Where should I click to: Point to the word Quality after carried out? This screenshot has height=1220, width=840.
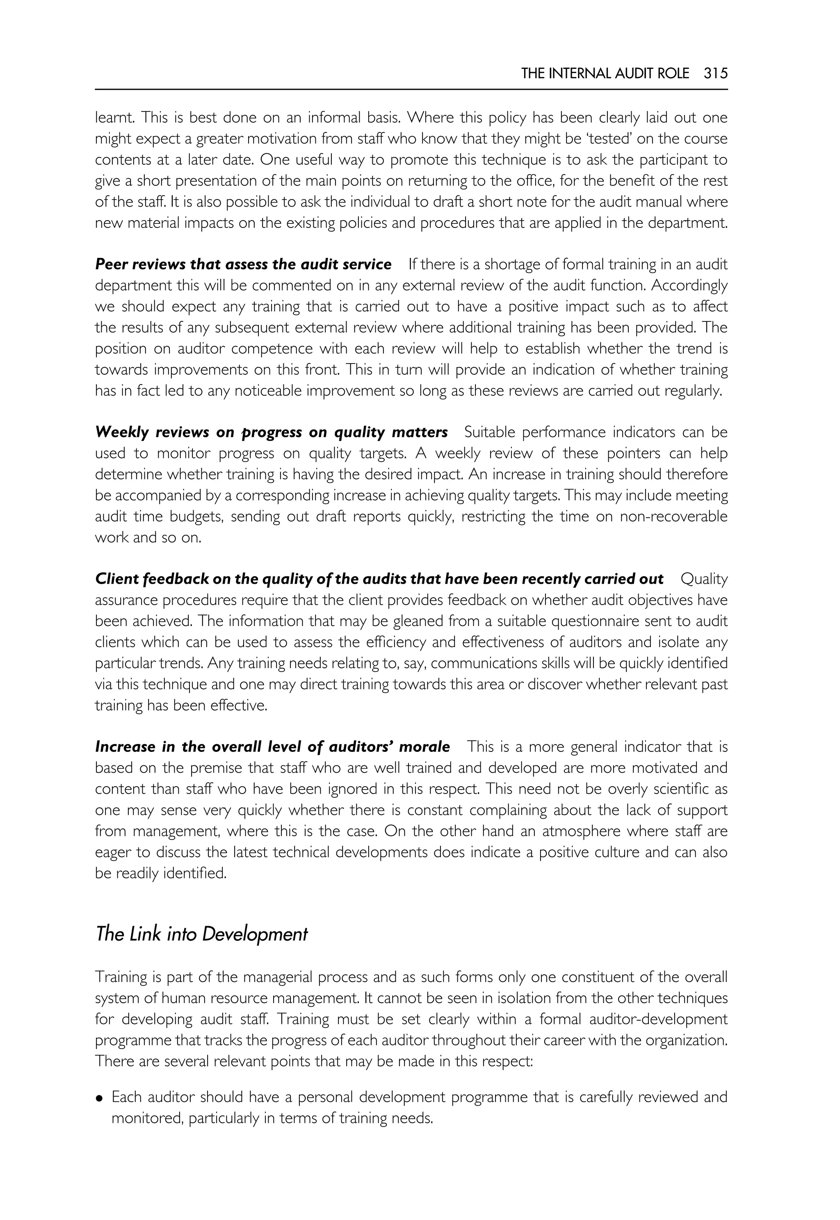(x=704, y=579)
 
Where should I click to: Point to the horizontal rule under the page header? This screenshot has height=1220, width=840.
(x=411, y=89)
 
